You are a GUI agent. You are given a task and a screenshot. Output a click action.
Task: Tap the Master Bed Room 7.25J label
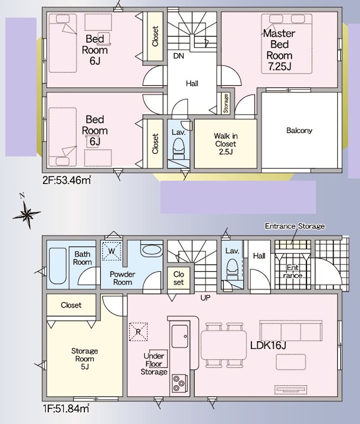tap(279, 50)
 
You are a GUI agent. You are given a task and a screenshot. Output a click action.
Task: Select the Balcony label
tap(299, 130)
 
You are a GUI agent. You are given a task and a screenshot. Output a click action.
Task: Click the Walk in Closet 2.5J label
tap(225, 144)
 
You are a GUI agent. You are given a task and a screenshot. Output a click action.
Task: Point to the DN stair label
tap(179, 56)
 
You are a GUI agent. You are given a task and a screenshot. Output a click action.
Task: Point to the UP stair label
tap(205, 298)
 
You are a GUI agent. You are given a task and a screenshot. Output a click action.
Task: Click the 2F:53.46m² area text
tap(66, 180)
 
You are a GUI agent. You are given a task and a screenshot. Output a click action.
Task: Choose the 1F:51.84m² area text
tap(66, 408)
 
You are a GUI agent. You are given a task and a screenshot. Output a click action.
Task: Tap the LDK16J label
tap(268, 346)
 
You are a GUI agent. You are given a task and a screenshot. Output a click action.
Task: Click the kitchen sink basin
tap(180, 337)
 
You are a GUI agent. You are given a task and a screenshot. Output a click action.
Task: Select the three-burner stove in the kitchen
tap(179, 383)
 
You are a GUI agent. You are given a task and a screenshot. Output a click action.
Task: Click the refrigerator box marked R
tap(138, 332)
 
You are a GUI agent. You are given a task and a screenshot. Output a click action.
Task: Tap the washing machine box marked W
tap(111, 251)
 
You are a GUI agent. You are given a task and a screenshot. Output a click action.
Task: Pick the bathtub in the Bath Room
tap(58, 266)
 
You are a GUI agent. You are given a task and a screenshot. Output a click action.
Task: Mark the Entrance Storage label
tap(295, 226)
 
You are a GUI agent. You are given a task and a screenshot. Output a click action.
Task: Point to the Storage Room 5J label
tap(85, 359)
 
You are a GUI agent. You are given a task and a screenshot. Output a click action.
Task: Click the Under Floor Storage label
tap(154, 364)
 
